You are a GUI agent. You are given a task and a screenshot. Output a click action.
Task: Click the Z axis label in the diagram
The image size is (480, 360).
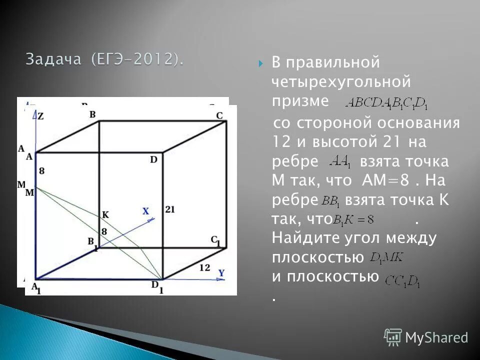tap(40, 116)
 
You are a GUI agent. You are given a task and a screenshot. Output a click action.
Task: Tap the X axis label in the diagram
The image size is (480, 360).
tap(145, 211)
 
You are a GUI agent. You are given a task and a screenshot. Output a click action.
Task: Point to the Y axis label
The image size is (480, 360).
tap(221, 273)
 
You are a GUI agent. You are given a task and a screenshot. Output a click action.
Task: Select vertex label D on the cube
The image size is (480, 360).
tap(153, 159)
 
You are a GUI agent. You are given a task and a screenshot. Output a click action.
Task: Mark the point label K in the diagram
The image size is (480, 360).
tap(105, 214)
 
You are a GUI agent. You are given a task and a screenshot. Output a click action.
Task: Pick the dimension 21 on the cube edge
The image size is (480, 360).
tap(169, 210)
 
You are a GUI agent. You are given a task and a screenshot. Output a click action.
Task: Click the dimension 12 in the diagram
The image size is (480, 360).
tap(204, 267)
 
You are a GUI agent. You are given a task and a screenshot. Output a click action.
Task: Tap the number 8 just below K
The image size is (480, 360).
tap(104, 231)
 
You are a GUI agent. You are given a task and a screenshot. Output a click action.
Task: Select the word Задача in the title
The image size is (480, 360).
tap(53, 59)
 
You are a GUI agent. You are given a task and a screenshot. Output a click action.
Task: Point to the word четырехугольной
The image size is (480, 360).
tap(341, 81)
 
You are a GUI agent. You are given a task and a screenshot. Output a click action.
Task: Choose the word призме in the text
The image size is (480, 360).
tap(300, 100)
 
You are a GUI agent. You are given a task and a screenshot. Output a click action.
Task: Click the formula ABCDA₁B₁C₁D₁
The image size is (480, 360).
tap(386, 103)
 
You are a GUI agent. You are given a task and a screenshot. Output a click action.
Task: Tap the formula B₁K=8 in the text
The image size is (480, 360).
tap(353, 219)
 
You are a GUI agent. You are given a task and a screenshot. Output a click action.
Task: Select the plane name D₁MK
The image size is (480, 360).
tap(386, 258)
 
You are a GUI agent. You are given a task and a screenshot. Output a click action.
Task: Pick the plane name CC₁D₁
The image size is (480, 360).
tap(402, 282)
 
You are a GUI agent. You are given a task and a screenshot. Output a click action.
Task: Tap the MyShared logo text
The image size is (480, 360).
tap(436, 338)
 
